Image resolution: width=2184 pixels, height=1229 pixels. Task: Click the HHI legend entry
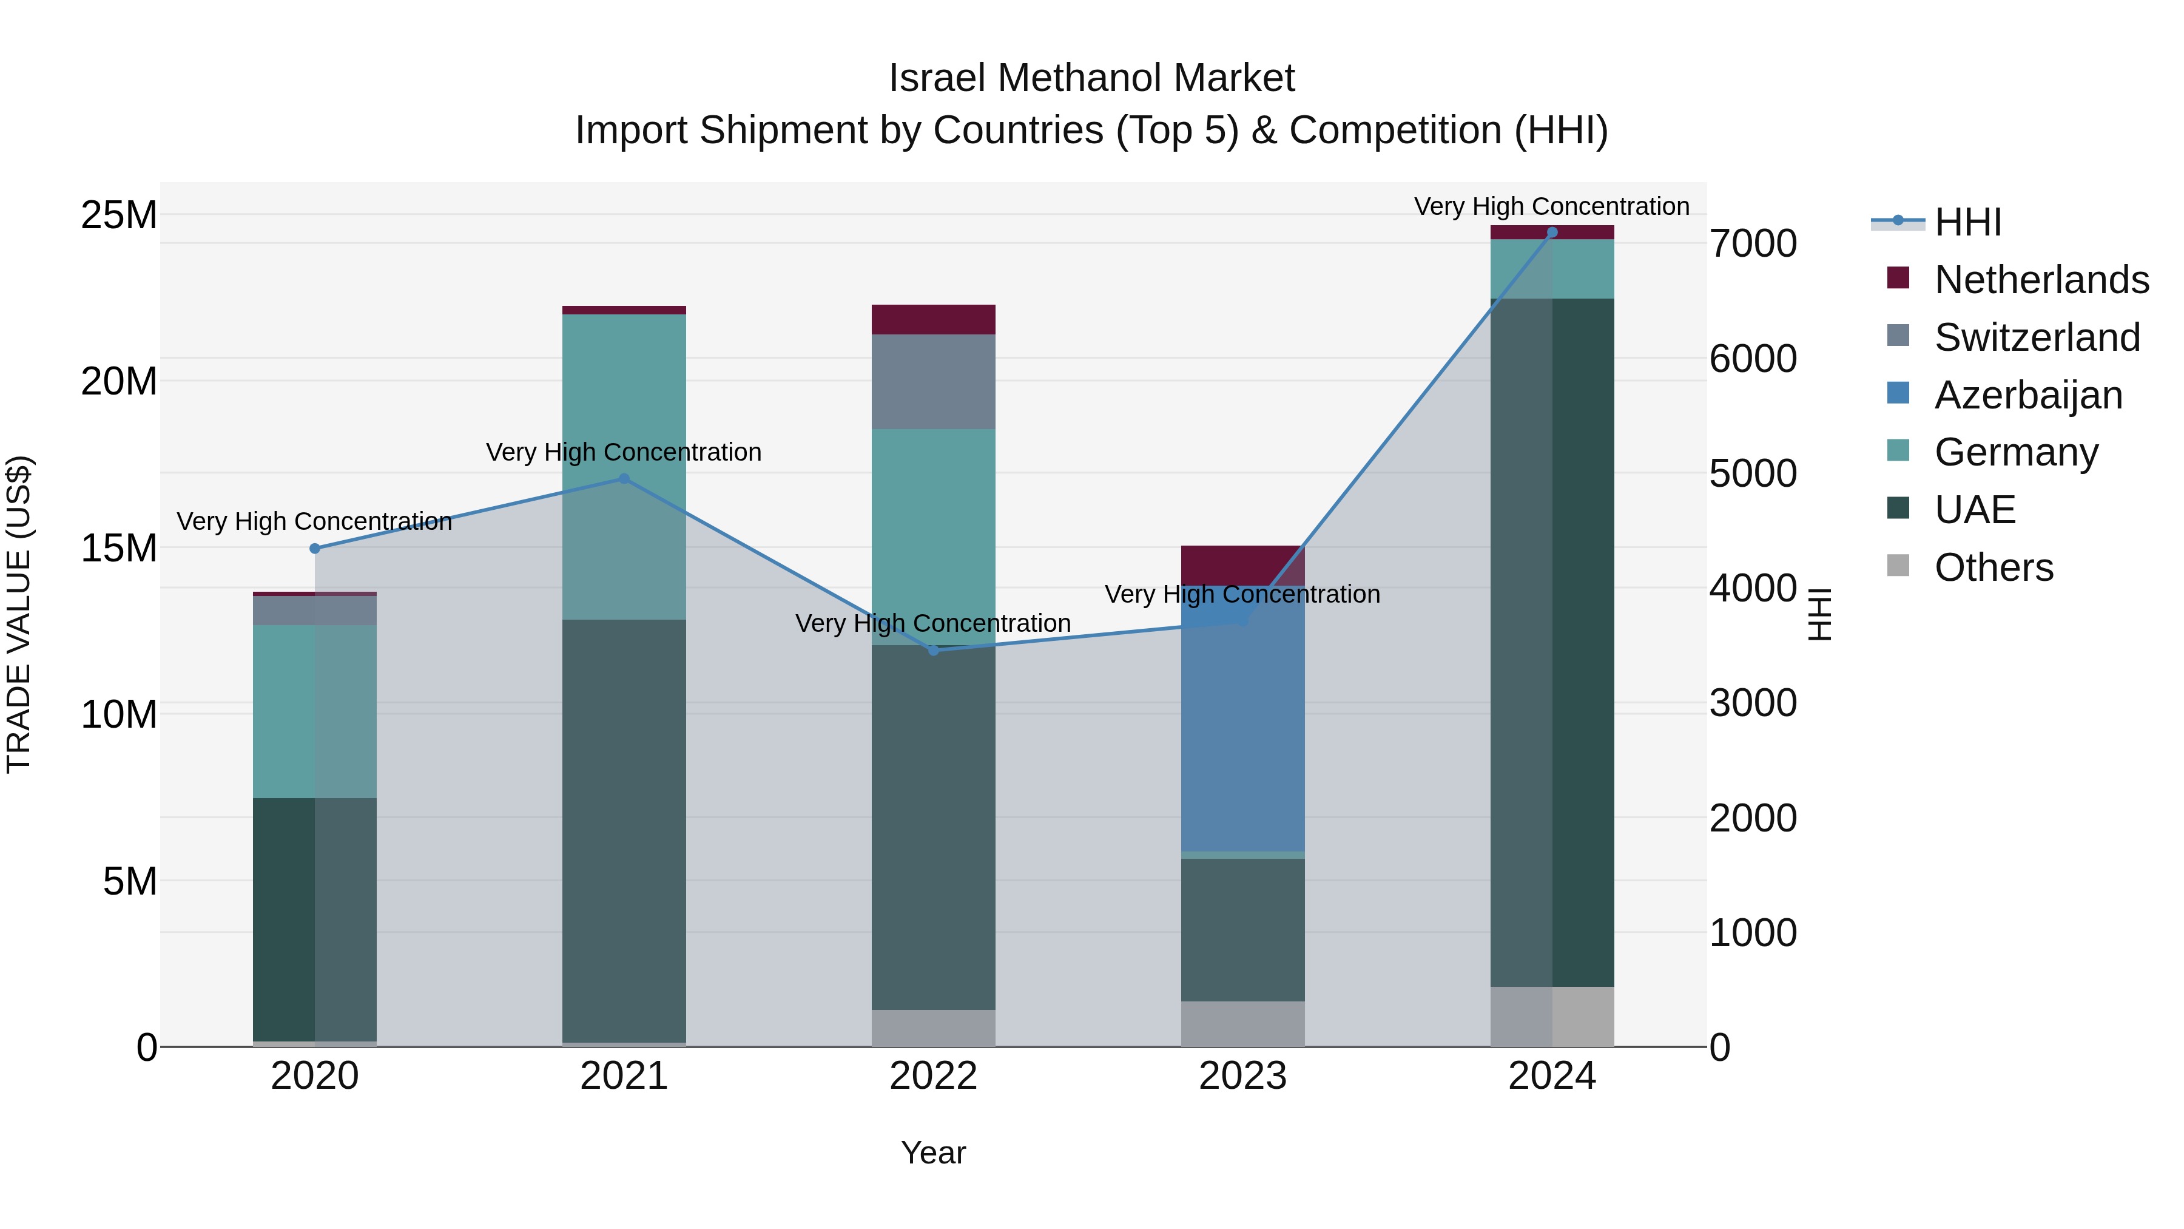(1967, 222)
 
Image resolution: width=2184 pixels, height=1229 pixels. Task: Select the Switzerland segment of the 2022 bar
(934, 382)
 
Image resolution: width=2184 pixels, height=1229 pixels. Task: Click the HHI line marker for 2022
(934, 651)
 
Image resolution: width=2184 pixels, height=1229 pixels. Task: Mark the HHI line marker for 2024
(1552, 232)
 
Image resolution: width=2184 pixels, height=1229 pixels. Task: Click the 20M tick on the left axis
(119, 382)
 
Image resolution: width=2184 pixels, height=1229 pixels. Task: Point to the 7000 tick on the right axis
(1753, 244)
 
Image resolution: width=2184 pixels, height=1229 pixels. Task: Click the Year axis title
(934, 1153)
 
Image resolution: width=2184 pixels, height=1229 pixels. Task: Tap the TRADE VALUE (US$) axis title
(19, 614)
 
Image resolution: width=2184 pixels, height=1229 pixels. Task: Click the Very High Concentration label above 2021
(624, 452)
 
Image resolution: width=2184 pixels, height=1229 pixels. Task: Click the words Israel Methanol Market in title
(1091, 78)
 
